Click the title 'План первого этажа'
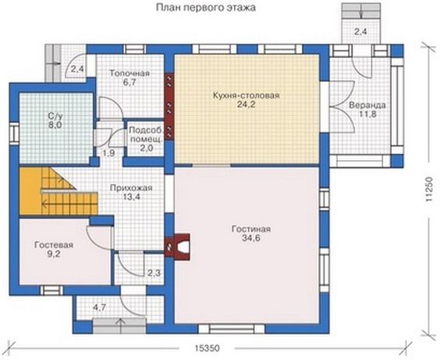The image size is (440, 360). tap(205, 8)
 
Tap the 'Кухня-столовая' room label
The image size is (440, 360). tap(246, 95)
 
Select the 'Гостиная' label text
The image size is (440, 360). tap(251, 229)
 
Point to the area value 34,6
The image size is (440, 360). tap(251, 238)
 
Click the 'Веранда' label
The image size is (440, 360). tap(367, 105)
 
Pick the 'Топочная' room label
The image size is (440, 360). tap(130, 73)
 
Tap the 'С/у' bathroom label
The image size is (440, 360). tap(55, 116)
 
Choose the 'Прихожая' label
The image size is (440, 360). tap(131, 187)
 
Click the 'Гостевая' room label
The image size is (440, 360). tap(54, 245)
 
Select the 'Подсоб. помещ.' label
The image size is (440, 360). tap(146, 135)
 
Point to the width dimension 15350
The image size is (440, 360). tap(207, 348)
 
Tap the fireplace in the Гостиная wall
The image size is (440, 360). tap(179, 246)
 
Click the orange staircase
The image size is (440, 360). tap(59, 191)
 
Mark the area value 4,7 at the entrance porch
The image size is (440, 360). tap(100, 308)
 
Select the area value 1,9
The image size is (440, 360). tap(108, 153)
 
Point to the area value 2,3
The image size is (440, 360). tap(154, 273)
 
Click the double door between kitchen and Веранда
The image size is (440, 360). tap(342, 107)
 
